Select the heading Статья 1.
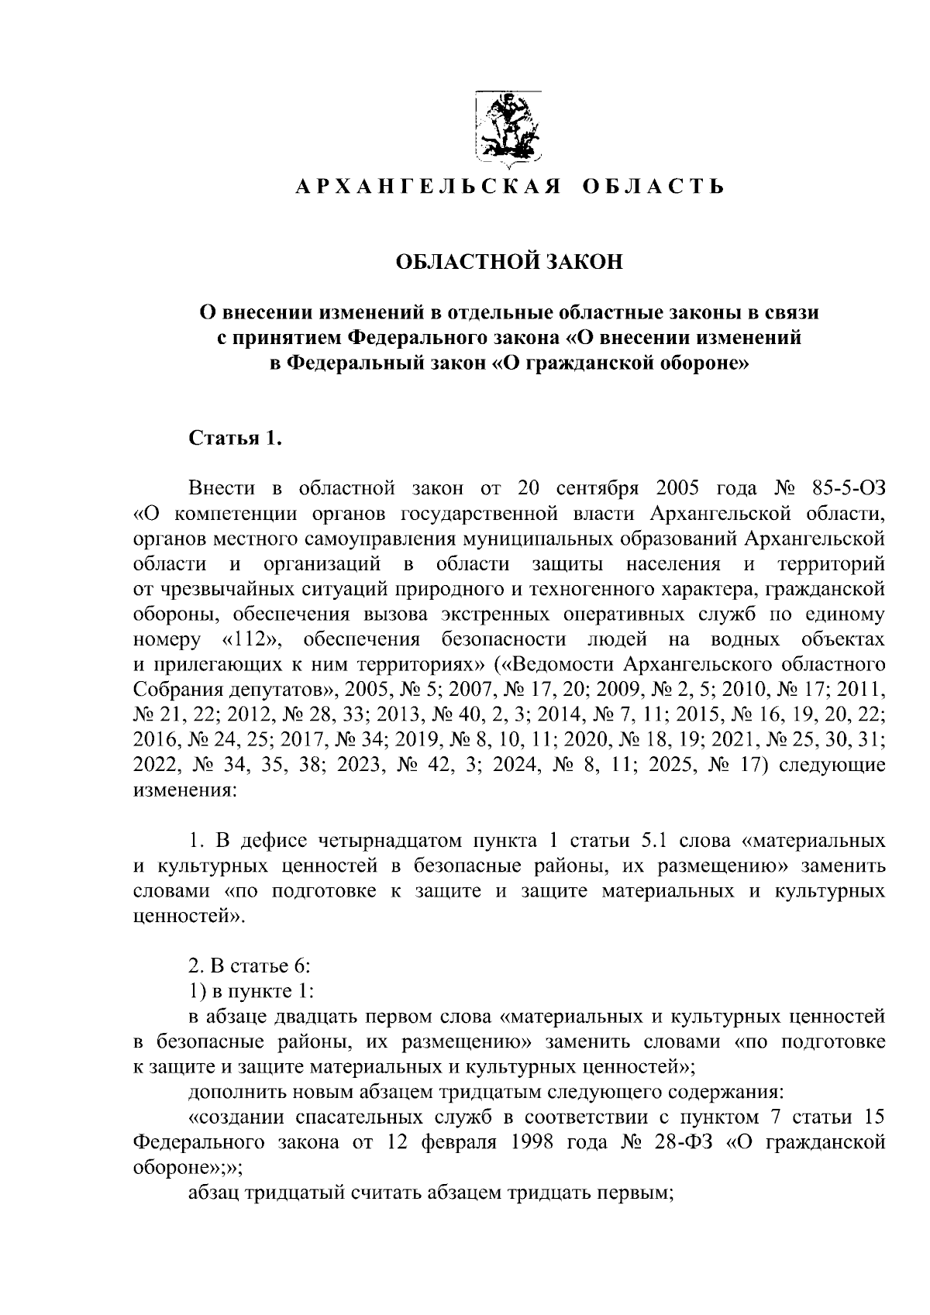pos(232,439)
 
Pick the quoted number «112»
pos(250,641)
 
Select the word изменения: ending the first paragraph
pos(183,792)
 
